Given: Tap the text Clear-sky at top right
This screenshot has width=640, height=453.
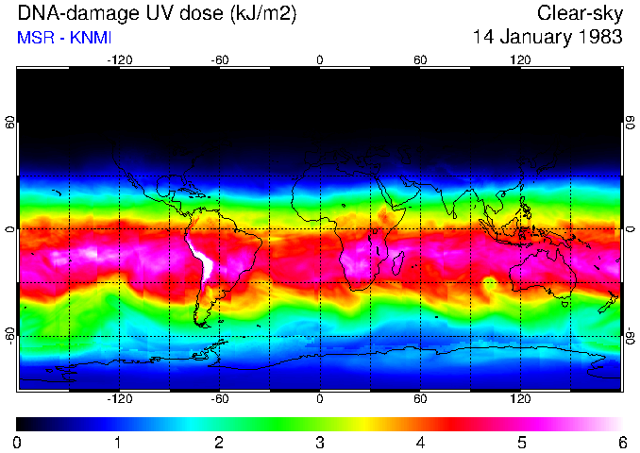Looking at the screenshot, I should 580,13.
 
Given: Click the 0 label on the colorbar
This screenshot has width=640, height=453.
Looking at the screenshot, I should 18,442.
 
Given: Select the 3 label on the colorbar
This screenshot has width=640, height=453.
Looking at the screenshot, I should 320,442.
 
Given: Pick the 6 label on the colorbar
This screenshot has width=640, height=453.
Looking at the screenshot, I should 621,442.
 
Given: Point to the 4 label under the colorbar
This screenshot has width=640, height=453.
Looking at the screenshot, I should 420,442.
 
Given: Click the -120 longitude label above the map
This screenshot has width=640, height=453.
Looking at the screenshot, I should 119,59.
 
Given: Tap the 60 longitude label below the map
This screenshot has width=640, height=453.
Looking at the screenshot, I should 420,399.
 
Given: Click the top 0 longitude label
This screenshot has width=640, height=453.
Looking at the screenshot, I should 320,59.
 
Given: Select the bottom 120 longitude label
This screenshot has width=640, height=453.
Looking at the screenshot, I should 520,399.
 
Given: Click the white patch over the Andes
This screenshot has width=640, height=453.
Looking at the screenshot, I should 201,259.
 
